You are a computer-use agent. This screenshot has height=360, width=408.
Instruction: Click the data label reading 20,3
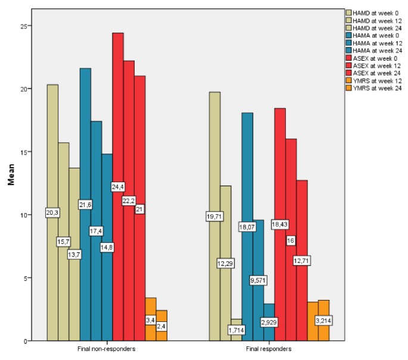click(x=52, y=212)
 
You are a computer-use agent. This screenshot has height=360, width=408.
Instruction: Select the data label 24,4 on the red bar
click(x=118, y=187)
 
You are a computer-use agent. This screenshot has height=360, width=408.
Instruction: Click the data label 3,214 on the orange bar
click(x=323, y=321)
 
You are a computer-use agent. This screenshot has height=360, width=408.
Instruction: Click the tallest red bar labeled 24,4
click(x=118, y=119)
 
